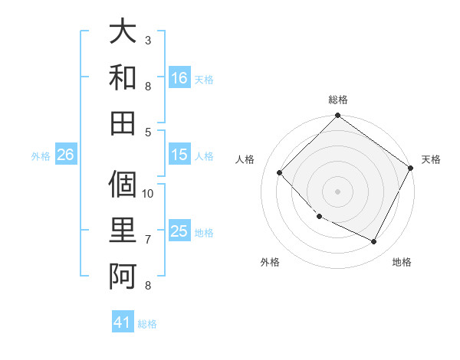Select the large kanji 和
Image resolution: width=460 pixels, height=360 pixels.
click(123, 77)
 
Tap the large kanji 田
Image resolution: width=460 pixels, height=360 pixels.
click(123, 121)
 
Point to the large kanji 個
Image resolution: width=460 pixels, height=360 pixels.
click(123, 187)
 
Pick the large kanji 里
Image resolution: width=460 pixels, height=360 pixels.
click(123, 231)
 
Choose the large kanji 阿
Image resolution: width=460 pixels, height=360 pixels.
click(123, 274)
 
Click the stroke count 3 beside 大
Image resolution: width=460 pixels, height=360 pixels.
click(148, 39)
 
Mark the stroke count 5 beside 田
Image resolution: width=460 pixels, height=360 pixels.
click(148, 132)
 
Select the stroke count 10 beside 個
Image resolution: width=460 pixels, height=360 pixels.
click(148, 194)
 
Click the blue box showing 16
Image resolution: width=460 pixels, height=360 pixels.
click(179, 77)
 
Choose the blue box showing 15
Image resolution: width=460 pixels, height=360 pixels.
click(179, 155)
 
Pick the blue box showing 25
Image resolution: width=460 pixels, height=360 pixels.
click(179, 232)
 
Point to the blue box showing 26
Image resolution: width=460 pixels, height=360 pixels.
click(65, 155)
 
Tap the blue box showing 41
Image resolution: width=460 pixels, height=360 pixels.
click(123, 322)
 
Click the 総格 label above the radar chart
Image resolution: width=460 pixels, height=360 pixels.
click(337, 100)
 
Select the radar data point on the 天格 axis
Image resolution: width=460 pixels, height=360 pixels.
click(410, 169)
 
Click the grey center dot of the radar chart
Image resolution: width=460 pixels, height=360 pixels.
click(337, 191)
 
